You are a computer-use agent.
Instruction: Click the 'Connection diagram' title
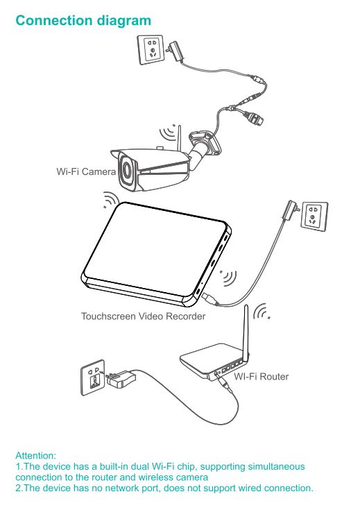[83, 21]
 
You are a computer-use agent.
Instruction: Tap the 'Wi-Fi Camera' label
[86, 171]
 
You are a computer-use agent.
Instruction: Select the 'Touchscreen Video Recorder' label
[143, 316]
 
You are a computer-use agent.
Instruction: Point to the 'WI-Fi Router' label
[261, 376]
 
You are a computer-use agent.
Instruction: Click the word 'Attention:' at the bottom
[36, 455]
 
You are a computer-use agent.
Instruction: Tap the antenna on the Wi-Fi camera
[178, 138]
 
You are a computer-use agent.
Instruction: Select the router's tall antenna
[246, 332]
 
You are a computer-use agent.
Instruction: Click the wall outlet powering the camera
[151, 50]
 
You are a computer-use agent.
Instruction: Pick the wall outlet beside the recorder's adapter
[314, 216]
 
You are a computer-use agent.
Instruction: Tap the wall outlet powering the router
[94, 377]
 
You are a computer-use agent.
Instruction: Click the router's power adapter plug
[120, 379]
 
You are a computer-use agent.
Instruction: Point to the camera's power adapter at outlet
[175, 51]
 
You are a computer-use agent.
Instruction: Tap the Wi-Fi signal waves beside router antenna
[262, 312]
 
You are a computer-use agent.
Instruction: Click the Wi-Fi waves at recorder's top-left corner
[110, 199]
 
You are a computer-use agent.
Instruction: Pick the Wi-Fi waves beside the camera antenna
[168, 132]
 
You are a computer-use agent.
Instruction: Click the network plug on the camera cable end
[255, 118]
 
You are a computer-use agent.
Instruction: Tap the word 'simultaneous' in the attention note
[276, 466]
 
